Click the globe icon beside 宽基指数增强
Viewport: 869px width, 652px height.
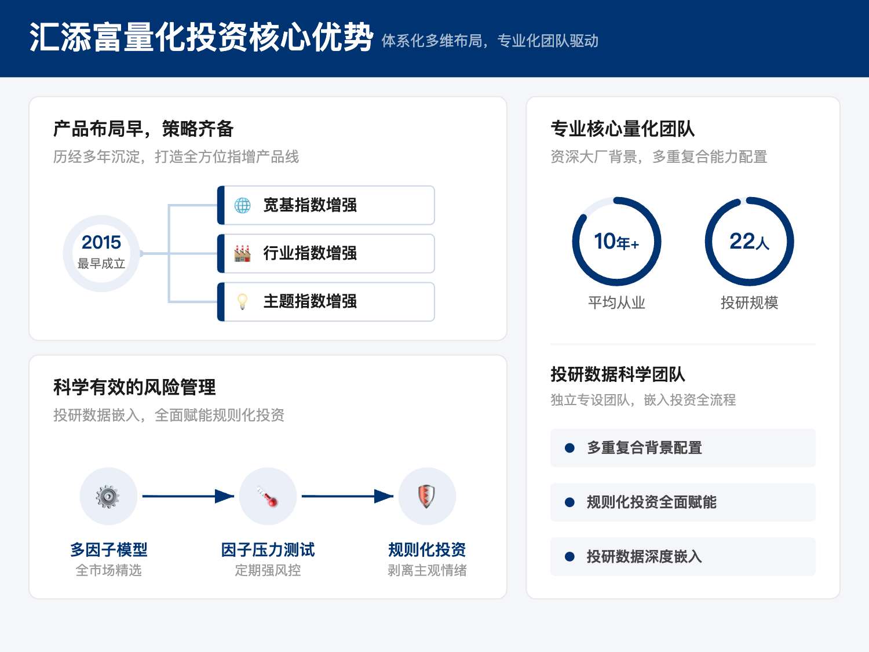pos(242,205)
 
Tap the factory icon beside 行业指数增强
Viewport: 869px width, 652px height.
pos(242,253)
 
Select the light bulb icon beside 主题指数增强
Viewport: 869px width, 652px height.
pos(242,301)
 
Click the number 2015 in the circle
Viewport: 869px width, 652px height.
pos(101,242)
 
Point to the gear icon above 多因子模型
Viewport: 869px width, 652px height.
pos(108,497)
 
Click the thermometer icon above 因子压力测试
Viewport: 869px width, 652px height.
pos(268,497)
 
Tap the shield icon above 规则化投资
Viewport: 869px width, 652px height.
pos(427,497)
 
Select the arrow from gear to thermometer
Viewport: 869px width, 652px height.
pos(188,496)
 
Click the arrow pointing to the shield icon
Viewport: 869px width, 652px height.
pos(347,496)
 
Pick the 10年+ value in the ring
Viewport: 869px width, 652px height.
pos(616,241)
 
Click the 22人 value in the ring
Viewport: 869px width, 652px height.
pos(749,241)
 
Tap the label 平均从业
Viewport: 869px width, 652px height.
pos(616,303)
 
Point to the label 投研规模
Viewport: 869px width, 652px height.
pos(749,303)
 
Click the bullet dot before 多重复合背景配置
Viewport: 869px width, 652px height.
pos(569,448)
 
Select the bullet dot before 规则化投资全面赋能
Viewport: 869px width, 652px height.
pos(569,502)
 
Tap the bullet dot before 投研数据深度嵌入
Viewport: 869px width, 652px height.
pos(569,557)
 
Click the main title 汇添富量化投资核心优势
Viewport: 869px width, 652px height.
pos(201,38)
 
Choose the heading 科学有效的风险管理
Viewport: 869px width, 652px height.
pos(134,387)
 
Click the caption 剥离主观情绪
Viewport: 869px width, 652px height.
pos(427,570)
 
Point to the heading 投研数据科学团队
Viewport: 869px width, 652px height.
pos(618,374)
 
